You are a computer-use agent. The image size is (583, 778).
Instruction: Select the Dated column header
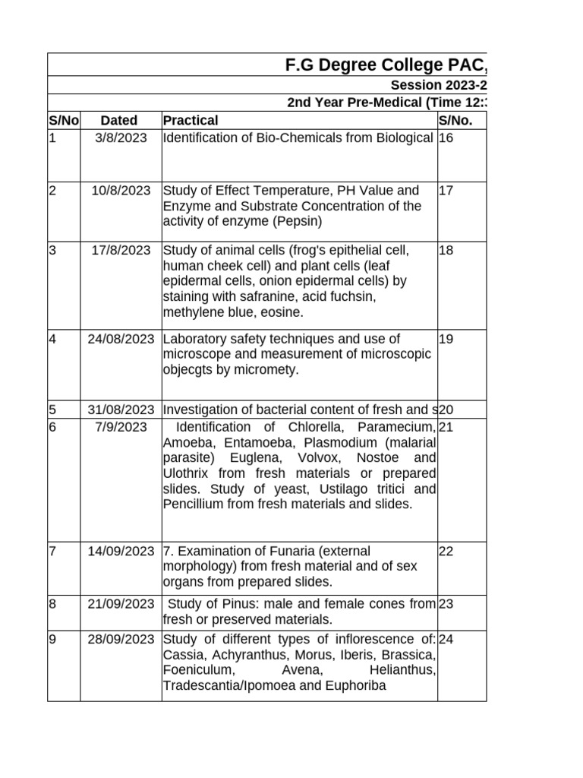(119, 120)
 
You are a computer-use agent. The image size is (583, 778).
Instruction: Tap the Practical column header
(191, 120)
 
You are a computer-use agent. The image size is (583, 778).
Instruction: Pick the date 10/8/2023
(121, 191)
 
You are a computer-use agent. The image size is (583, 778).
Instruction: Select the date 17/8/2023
(121, 250)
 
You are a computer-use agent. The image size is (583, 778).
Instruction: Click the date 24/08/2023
(121, 339)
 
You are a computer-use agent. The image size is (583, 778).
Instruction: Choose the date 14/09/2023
(121, 551)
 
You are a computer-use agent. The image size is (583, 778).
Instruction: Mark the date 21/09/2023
(121, 604)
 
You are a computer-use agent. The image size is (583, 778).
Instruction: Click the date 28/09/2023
(121, 639)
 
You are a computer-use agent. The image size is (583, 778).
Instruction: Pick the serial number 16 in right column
(446, 138)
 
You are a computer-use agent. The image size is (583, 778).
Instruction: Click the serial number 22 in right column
(446, 551)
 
